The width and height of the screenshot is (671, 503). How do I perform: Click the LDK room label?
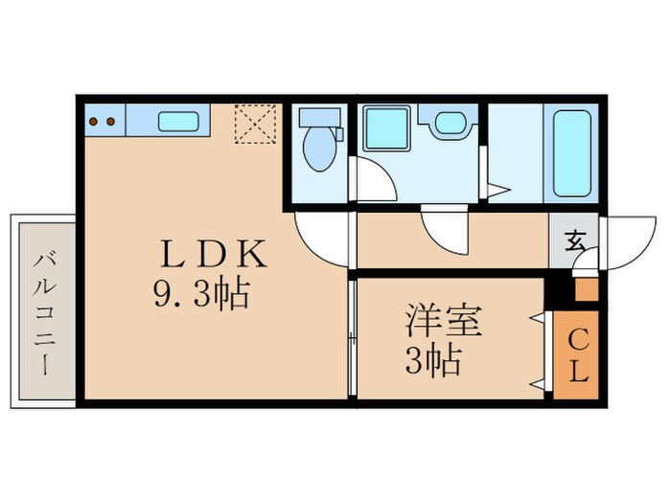tap(213, 254)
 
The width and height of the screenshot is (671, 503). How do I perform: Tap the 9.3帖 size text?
tap(201, 292)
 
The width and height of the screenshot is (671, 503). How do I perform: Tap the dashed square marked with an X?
tap(255, 122)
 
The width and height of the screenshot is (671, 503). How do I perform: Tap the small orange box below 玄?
tap(585, 289)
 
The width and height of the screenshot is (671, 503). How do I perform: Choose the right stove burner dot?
tap(111, 122)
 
